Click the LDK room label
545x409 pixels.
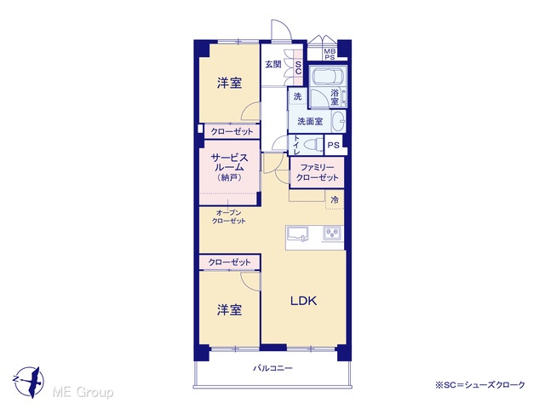(303, 301)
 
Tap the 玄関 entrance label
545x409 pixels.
(273, 65)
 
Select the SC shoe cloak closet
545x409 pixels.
(298, 67)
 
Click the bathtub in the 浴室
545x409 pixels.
(329, 76)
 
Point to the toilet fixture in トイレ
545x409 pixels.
(314, 145)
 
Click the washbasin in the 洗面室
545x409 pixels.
(339, 121)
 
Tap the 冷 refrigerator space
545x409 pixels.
(335, 199)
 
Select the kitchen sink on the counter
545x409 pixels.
(297, 233)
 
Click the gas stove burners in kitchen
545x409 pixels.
(333, 233)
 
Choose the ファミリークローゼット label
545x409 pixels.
(317, 173)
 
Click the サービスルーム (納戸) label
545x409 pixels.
(229, 168)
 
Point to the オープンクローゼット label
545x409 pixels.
(229, 216)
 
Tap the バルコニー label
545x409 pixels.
(272, 368)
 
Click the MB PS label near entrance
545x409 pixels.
(330, 55)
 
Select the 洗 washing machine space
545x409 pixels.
(297, 96)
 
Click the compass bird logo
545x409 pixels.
(29, 382)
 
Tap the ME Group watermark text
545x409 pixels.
(83, 392)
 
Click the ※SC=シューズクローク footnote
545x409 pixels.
(480, 385)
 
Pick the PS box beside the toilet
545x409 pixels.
(334, 145)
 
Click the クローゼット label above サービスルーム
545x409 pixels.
(232, 132)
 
